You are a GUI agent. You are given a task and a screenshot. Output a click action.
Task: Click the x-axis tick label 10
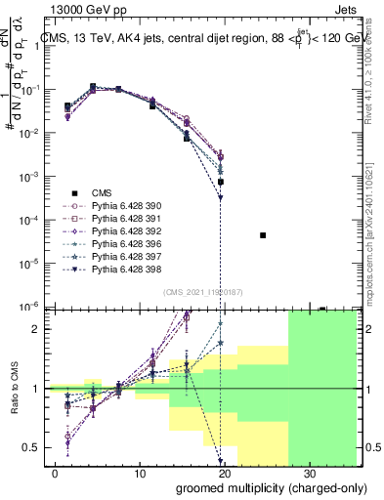pos(139,473)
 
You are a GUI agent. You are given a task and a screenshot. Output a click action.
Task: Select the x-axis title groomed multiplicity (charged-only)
pos(258,487)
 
